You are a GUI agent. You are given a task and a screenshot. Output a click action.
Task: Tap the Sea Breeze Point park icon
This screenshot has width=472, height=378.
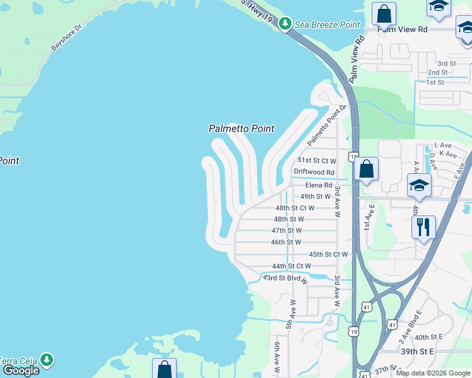285,24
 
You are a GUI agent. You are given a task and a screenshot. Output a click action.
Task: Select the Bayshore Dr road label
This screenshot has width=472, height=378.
67,38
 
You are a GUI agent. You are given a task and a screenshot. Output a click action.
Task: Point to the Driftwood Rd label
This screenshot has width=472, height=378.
314,172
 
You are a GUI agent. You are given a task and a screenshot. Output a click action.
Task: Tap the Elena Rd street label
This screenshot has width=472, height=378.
319,185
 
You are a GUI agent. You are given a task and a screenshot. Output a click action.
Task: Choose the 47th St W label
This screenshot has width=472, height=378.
287,231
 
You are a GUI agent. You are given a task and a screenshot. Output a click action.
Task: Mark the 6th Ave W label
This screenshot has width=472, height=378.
276,356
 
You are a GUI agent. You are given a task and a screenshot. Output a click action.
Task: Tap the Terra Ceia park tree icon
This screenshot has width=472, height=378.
46,360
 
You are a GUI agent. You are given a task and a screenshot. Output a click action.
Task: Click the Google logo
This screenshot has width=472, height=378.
21,370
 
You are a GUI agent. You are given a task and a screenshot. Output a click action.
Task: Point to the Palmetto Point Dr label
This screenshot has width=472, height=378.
327,125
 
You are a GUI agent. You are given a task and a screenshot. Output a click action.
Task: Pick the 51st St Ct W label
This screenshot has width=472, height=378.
316,161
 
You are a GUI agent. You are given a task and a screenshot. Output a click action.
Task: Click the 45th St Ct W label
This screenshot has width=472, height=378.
328,255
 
